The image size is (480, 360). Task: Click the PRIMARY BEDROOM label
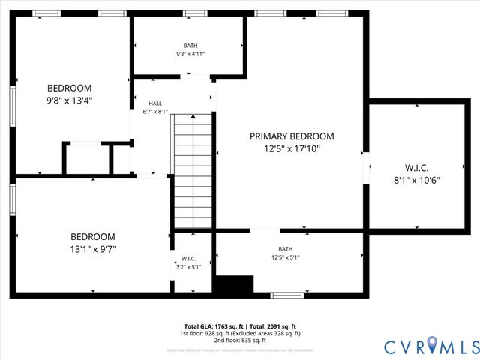click(292, 136)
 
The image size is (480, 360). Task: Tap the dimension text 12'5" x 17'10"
click(292, 150)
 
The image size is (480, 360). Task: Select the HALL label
click(155, 103)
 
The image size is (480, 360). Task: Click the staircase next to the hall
click(193, 170)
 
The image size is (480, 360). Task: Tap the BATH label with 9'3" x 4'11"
click(190, 46)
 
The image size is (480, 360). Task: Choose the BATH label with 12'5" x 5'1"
click(286, 250)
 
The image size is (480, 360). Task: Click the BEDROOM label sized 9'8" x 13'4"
click(70, 88)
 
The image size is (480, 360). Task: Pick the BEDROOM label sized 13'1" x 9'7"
click(93, 236)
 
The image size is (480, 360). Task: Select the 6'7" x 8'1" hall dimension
click(155, 112)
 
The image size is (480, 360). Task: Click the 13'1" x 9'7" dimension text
click(93, 249)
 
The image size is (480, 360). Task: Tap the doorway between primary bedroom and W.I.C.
click(367, 167)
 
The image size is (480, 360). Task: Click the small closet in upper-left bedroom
click(88, 158)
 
